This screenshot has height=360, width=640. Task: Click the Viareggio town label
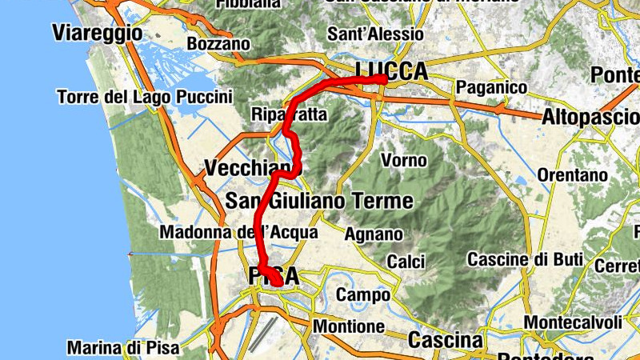tap(97, 33)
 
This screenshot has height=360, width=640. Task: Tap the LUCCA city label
tap(392, 71)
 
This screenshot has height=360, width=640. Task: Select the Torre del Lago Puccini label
tap(145, 97)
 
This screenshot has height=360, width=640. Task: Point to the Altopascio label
tap(589, 116)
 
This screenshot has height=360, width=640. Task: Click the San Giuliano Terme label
tap(319, 200)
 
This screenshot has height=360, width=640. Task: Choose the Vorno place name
tap(404, 160)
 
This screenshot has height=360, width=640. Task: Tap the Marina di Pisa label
tap(124, 348)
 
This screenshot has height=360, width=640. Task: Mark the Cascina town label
tap(446, 340)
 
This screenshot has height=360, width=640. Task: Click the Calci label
tap(406, 262)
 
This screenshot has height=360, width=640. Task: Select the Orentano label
tap(572, 174)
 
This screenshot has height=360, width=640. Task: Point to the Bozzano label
tap(218, 43)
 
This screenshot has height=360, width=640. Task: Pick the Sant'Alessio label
tap(376, 34)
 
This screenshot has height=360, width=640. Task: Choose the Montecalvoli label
tap(573, 322)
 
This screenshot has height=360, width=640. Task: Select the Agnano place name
tap(373, 234)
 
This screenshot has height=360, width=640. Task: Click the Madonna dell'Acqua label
tap(239, 232)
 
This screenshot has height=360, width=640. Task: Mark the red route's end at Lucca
tap(383, 79)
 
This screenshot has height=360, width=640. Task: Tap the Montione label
tap(349, 326)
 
